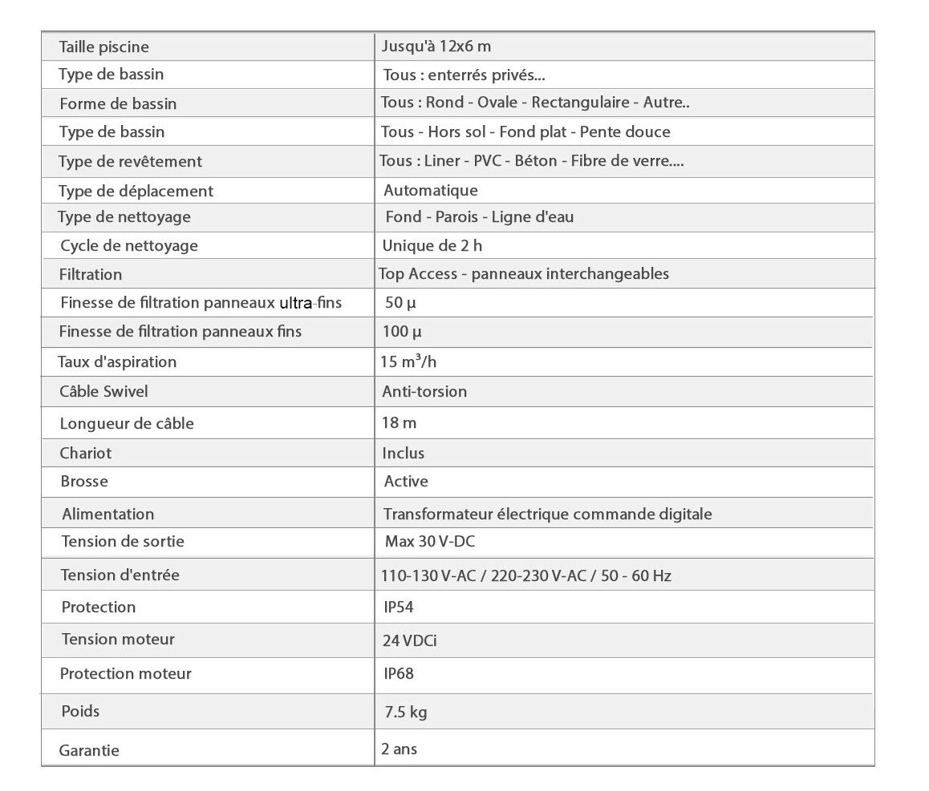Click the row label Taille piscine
(x=103, y=47)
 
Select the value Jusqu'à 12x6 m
(x=436, y=46)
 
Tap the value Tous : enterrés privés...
(x=464, y=75)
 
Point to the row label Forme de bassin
(x=118, y=103)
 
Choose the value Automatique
(x=431, y=191)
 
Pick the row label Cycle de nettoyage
(x=128, y=246)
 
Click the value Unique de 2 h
(x=432, y=245)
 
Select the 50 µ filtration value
(x=400, y=303)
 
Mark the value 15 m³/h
(x=408, y=361)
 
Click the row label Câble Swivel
(x=103, y=392)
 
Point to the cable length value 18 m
(x=400, y=422)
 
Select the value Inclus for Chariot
(x=404, y=453)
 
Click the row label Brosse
(x=83, y=482)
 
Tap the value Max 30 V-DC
(x=430, y=542)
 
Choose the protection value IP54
(x=399, y=607)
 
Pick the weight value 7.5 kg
(x=404, y=712)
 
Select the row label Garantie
(x=89, y=751)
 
